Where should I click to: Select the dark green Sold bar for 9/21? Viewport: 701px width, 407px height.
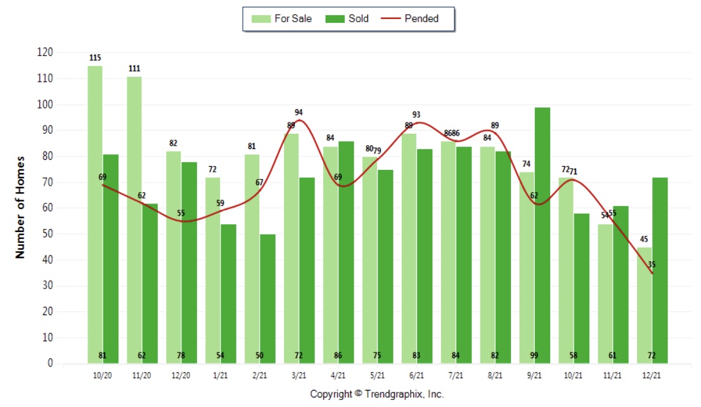point(542,235)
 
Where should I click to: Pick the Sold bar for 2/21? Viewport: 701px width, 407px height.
point(267,298)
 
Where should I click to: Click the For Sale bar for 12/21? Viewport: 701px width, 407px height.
point(645,304)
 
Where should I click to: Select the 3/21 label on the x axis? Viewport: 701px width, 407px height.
point(298,375)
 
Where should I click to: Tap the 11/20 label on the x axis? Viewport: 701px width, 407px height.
point(142,375)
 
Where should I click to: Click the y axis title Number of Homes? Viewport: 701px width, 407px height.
point(20,207)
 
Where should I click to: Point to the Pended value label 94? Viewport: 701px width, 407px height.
point(299,112)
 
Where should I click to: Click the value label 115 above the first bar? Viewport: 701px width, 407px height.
point(95,58)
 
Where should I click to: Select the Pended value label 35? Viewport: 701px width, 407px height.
point(652,265)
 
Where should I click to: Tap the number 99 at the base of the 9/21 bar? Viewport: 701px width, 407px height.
point(542,356)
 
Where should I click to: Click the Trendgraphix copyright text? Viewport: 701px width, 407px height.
point(377,394)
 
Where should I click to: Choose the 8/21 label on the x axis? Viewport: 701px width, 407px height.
point(495,375)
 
